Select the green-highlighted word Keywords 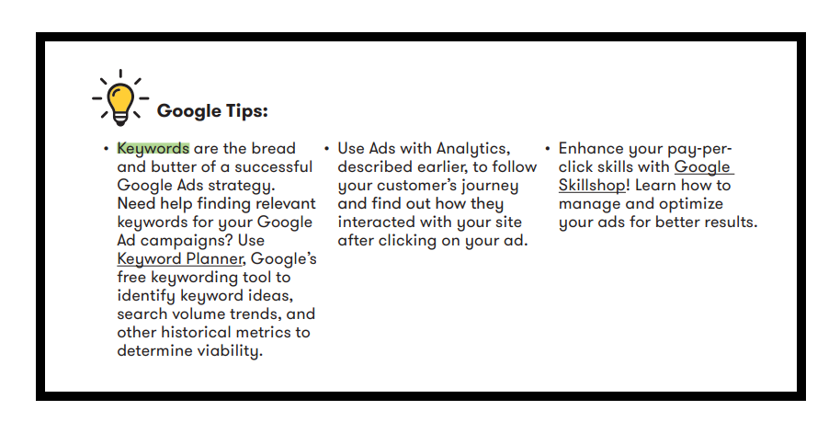tap(153, 148)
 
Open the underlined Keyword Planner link tap(180, 259)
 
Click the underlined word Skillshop tap(592, 186)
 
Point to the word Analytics tap(473, 148)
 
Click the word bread tap(274, 148)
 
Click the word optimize tap(691, 204)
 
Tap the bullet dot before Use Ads tap(327, 148)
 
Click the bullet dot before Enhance tap(548, 148)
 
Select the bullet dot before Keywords tap(106, 148)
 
